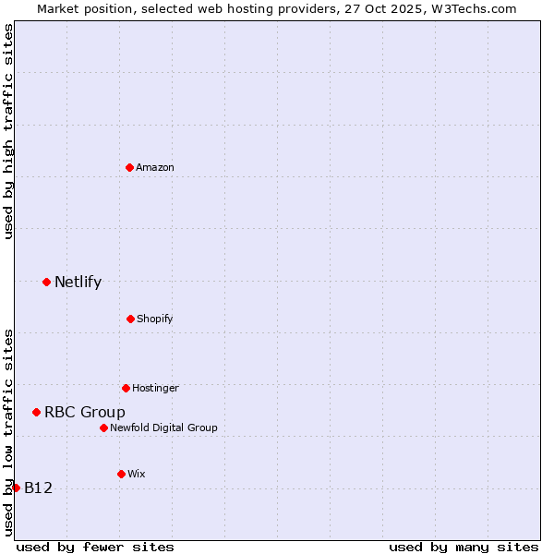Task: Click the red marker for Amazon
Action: point(130,167)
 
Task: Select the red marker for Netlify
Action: point(46,282)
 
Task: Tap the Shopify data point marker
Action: point(130,319)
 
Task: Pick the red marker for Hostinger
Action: point(126,388)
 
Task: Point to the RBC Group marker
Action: point(36,412)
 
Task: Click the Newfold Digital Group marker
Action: point(103,428)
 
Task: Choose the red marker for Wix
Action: point(121,474)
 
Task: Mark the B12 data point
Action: point(16,488)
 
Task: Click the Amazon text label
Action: point(155,167)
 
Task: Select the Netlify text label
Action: point(78,283)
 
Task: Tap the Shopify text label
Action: point(155,319)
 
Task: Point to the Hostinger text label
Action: point(155,388)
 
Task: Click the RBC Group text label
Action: point(85,413)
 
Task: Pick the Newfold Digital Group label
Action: point(163,428)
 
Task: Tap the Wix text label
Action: point(137,474)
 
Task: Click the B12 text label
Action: point(38,488)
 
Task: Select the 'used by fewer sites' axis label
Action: point(95,547)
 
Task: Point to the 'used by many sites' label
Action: point(464,547)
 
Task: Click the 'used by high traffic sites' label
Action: point(8,131)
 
